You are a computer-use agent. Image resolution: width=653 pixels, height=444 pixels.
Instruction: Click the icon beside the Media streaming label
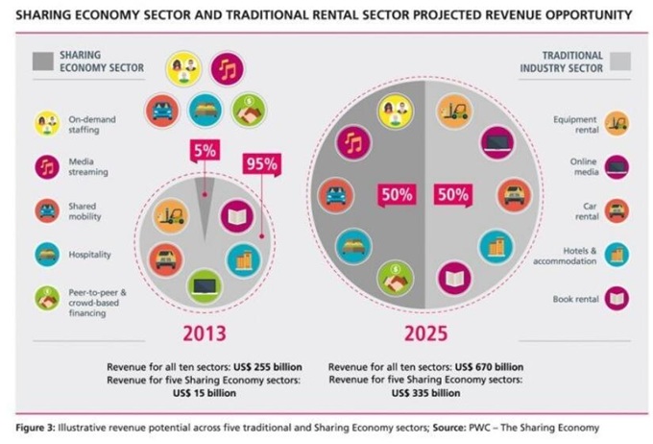47,165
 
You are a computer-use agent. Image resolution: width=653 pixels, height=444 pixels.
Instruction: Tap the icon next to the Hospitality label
47,254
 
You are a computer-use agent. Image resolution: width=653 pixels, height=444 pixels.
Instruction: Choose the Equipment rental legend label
575,123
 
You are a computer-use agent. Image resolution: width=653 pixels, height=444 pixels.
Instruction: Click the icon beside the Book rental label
617,299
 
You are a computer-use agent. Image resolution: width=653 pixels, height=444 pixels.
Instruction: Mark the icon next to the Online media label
617,165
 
